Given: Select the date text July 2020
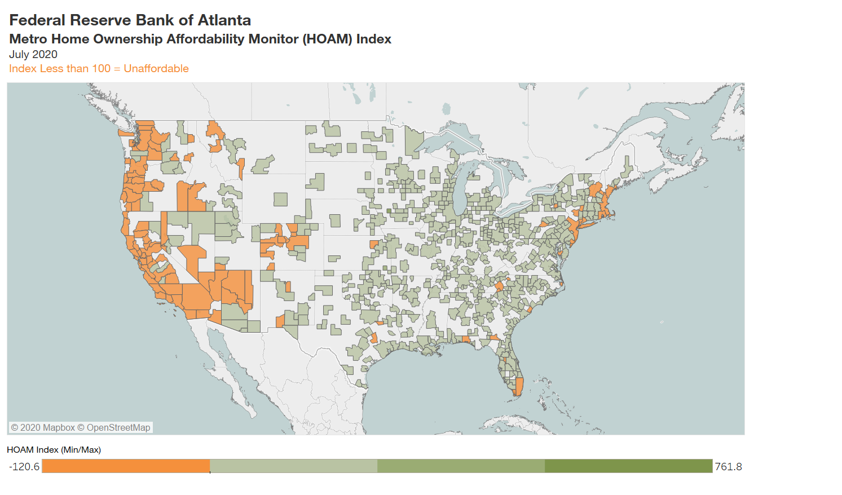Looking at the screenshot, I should [33, 55].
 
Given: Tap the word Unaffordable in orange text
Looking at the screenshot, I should [156, 69].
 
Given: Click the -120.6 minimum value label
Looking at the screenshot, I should [24, 467].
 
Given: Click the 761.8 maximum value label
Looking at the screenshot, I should [728, 467].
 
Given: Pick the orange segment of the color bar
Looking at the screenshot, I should [126, 466].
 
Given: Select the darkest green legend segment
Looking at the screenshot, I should [628, 466].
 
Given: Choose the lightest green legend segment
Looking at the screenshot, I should [293, 466].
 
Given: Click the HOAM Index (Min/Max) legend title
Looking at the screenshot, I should [54, 450].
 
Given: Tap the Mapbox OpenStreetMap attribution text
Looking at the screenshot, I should [81, 428].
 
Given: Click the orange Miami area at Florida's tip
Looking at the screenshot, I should [518, 387].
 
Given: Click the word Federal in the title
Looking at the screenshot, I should [37, 20].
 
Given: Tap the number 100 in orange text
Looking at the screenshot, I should [101, 69].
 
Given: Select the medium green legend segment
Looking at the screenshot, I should [461, 466].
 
